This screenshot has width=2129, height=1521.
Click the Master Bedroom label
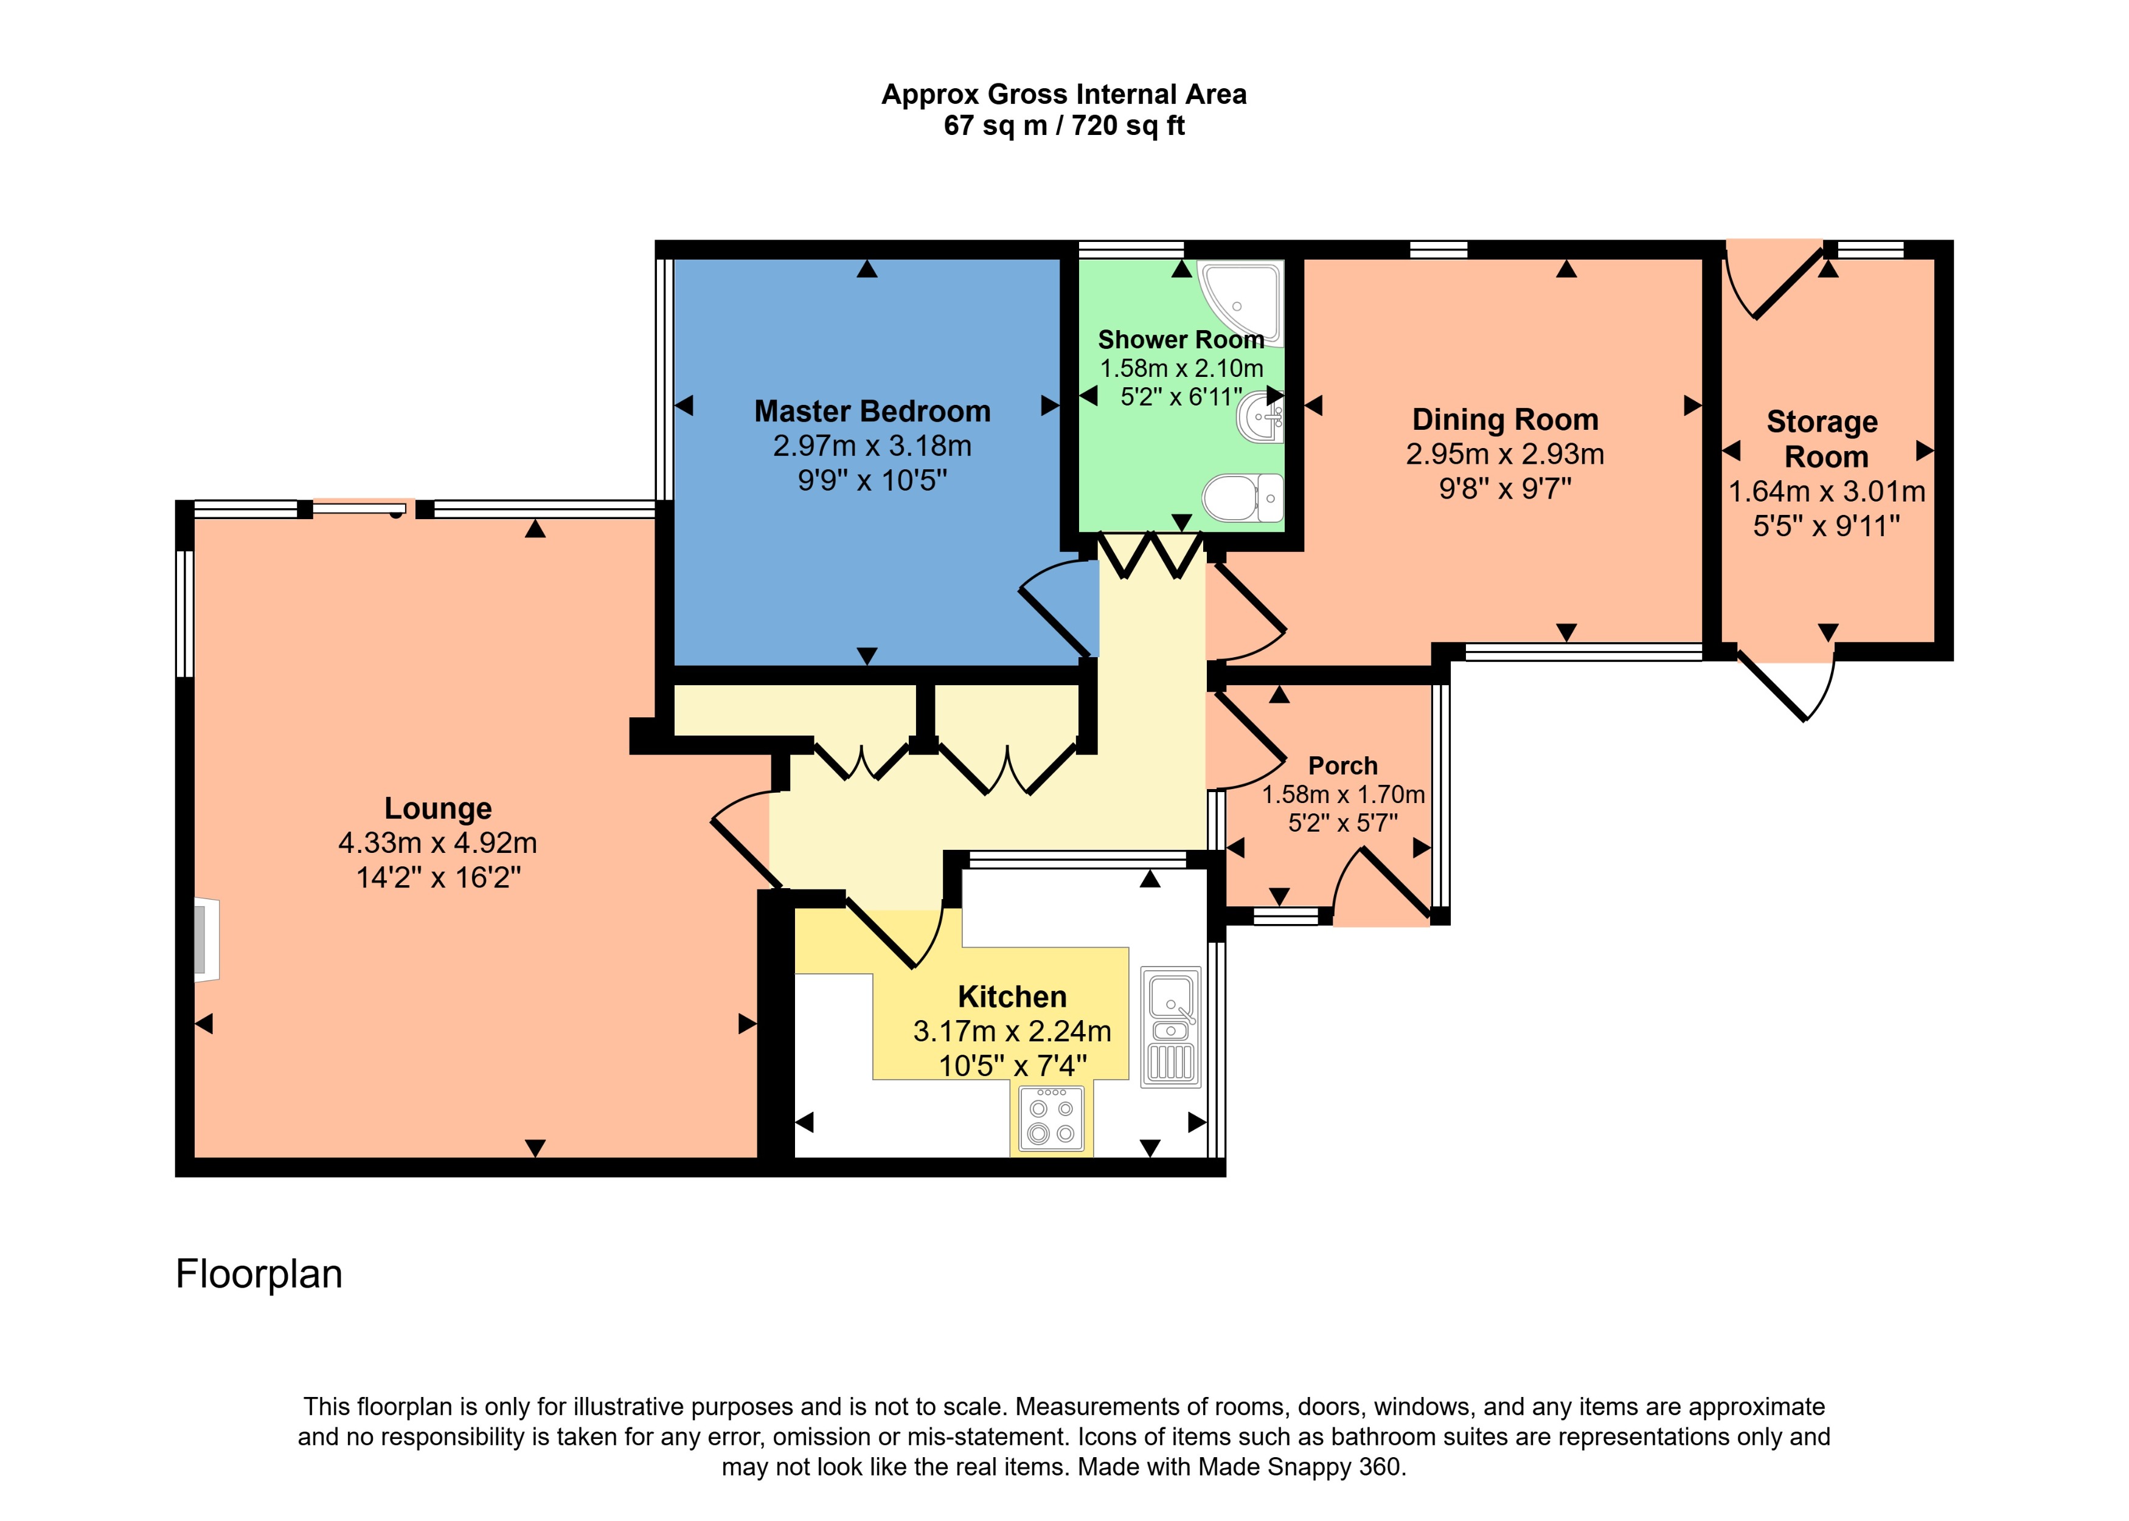[872, 411]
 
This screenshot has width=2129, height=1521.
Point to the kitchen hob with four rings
[1051, 1119]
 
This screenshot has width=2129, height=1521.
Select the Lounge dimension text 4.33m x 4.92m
[437, 843]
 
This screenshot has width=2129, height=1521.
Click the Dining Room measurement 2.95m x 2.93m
[1504, 454]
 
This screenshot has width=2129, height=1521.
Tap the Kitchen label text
[1012, 996]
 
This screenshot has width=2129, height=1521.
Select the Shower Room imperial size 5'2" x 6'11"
[1181, 397]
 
